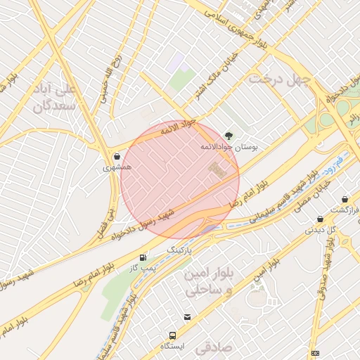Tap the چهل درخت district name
[279, 80]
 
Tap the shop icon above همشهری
[116, 157]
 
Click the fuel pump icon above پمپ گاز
[143, 257]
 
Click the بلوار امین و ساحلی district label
[202, 281]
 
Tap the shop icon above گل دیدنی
[321, 219]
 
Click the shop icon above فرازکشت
[345, 200]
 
